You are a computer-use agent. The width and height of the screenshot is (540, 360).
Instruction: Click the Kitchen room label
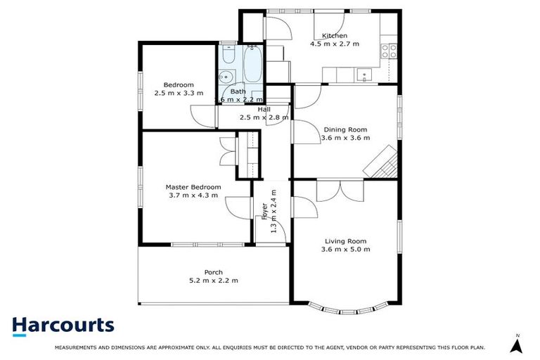[334, 36]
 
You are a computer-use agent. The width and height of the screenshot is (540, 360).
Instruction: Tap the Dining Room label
[345, 129]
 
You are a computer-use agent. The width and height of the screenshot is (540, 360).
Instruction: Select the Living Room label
[345, 241]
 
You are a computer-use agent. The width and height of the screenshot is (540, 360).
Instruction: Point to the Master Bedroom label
[193, 187]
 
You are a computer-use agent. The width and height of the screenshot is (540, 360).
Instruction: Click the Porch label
[214, 272]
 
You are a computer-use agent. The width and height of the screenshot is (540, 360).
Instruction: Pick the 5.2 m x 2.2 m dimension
[214, 281]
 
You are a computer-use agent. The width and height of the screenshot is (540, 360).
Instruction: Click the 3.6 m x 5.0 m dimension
[345, 250]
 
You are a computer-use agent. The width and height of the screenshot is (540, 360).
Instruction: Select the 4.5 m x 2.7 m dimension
[335, 44]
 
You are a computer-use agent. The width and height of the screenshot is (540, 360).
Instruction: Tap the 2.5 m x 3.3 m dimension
[179, 93]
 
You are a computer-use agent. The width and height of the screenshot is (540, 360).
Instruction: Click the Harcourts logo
[63, 325]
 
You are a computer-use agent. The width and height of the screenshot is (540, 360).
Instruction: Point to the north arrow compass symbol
[517, 345]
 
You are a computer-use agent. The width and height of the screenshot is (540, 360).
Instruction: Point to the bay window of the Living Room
[348, 307]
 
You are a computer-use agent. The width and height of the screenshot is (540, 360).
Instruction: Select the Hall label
[264, 110]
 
